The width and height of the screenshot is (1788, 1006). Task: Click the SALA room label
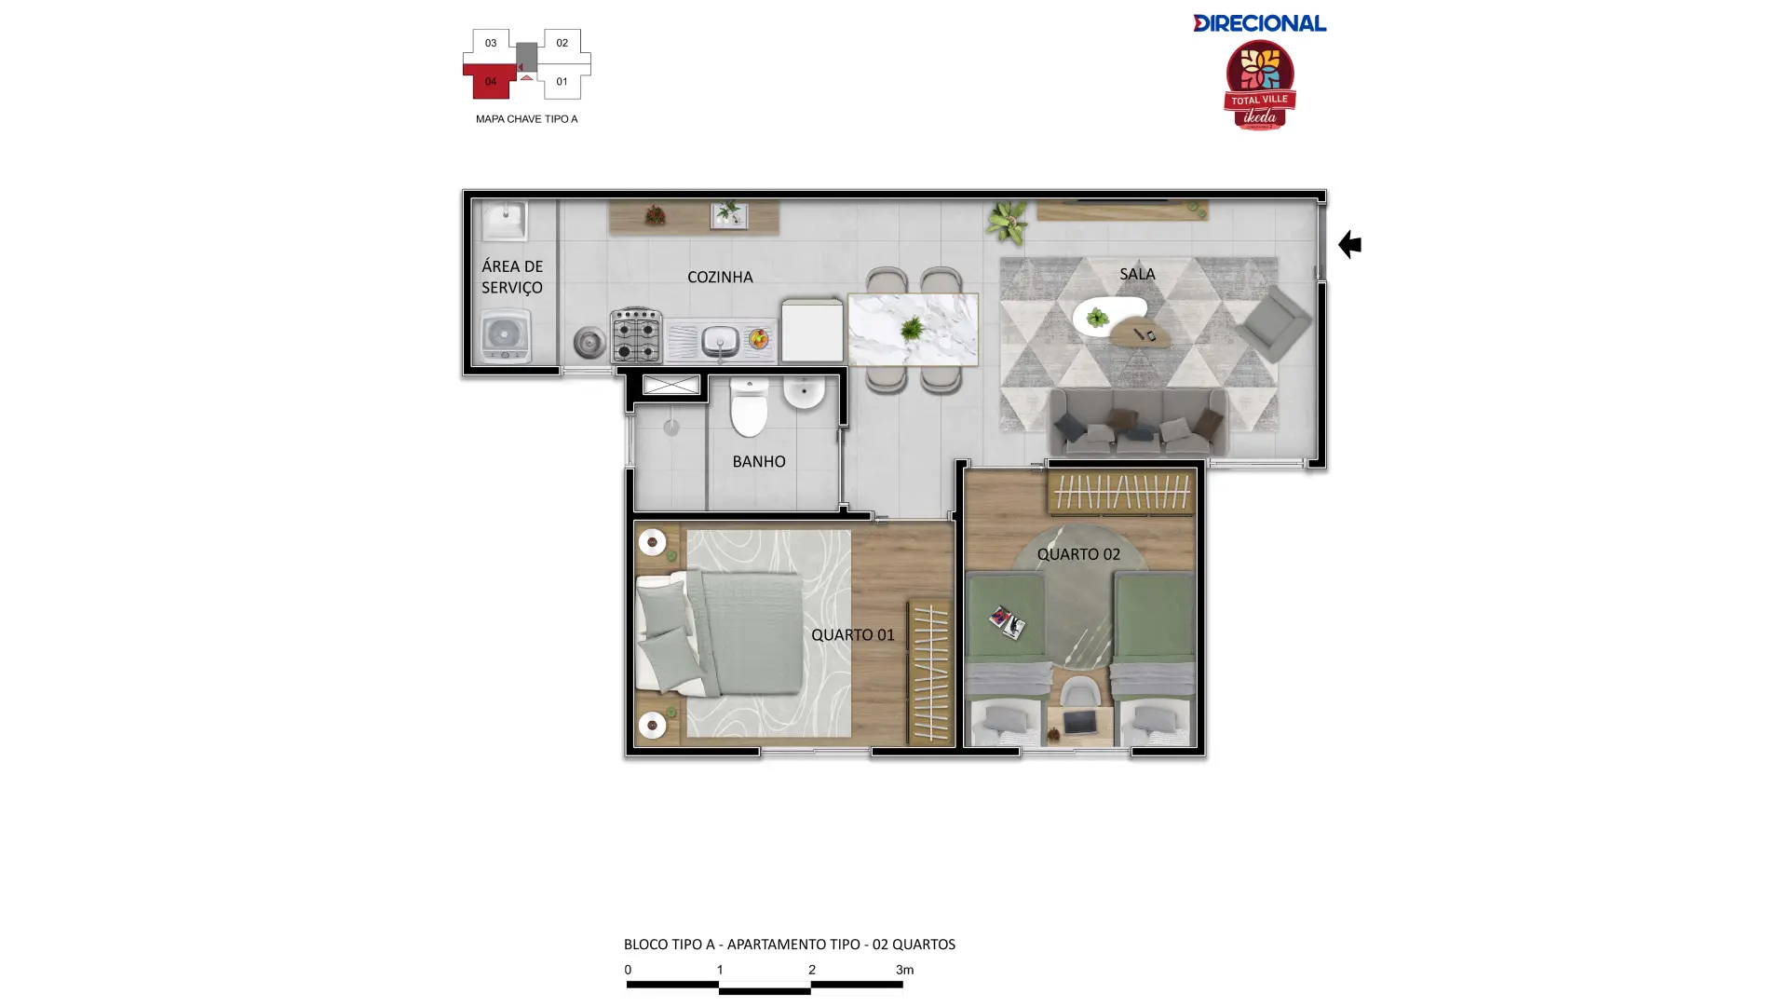pos(1137,274)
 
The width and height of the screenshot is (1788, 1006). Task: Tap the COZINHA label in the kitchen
pos(720,277)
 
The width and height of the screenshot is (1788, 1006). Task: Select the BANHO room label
pos(759,461)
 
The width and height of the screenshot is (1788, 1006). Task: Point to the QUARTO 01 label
pos(853,634)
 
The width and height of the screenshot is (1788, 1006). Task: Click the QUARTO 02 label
pos(1078,554)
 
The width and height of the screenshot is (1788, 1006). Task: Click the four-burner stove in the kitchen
pos(636,334)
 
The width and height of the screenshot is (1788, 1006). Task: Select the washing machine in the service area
pos(505,335)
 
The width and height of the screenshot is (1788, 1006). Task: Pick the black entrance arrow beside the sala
pos(1349,244)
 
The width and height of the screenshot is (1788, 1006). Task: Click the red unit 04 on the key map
pos(490,81)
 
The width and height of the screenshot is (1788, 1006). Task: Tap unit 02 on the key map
pos(562,43)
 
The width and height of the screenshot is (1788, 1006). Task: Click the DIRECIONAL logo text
pos(1259,23)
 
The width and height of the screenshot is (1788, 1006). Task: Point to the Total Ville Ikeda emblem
pos(1260,85)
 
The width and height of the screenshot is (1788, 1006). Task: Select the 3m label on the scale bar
pos(904,970)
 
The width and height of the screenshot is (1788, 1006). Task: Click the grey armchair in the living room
pos(1274,323)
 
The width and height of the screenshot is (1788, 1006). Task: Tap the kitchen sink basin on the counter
pos(720,340)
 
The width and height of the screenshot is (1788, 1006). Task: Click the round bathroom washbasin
pos(803,392)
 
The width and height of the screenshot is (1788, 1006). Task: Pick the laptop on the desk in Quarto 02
pos(1079,722)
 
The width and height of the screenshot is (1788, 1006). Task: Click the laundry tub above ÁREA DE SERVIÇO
pos(504,222)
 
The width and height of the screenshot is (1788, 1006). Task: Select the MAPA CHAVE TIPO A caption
pos(526,119)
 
